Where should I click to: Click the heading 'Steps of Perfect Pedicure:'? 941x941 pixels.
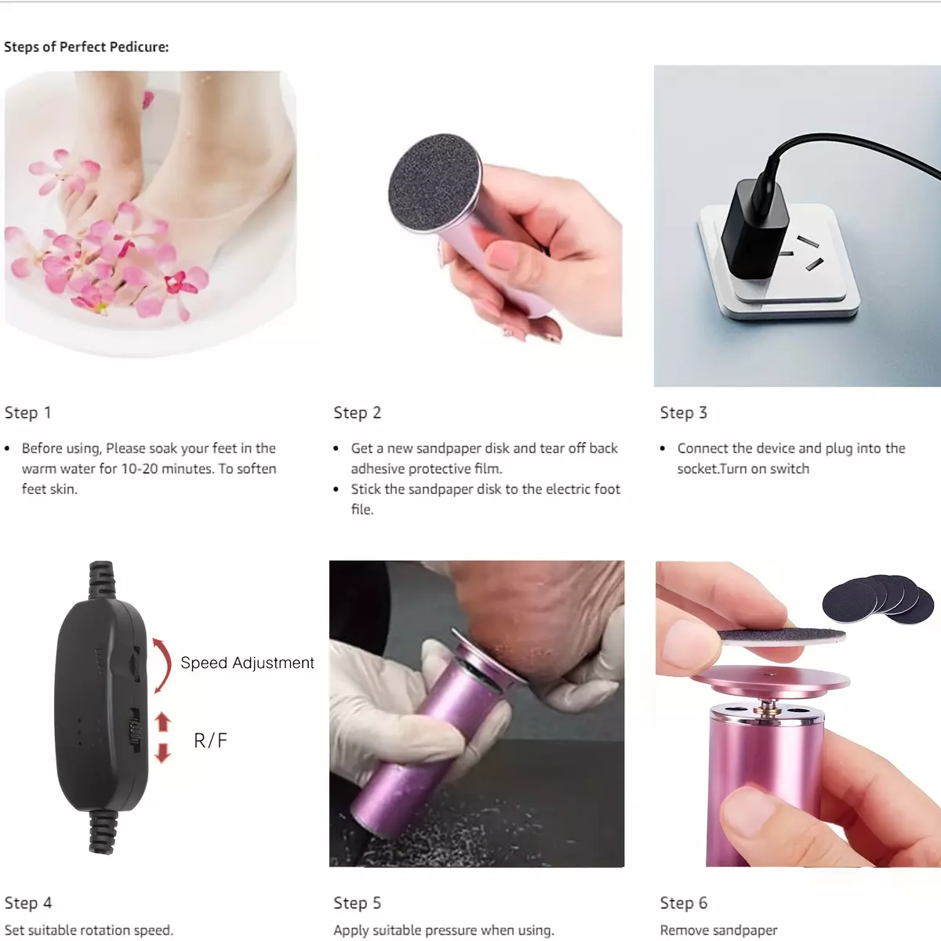click(x=86, y=47)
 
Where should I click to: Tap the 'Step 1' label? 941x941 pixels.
click(x=27, y=412)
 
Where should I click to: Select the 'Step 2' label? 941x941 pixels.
click(x=357, y=412)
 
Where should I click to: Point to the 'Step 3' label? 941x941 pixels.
click(x=684, y=412)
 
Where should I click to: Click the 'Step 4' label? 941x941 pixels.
click(x=28, y=903)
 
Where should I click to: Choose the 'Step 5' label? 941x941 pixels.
click(x=357, y=903)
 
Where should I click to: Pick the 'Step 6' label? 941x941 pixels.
click(x=684, y=903)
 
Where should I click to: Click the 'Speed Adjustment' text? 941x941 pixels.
click(x=247, y=663)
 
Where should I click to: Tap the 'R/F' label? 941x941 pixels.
click(x=210, y=740)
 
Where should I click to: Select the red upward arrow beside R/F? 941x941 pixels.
click(x=162, y=721)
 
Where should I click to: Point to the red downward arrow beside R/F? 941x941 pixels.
click(x=162, y=753)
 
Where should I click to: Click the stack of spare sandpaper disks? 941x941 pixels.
click(x=878, y=599)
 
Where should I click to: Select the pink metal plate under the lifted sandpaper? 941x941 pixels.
click(x=771, y=680)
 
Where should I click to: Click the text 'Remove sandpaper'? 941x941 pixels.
click(x=718, y=930)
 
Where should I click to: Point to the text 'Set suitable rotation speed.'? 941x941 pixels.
click(x=89, y=930)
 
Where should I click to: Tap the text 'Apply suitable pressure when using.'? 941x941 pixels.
click(x=444, y=931)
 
